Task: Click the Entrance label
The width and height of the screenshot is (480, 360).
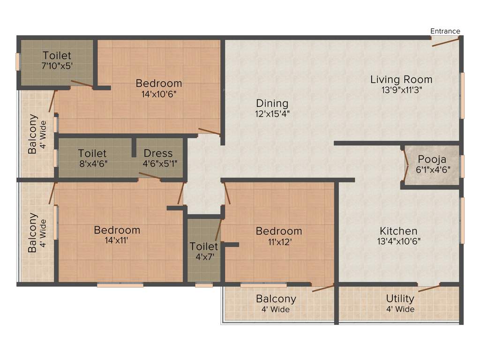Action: click(x=445, y=31)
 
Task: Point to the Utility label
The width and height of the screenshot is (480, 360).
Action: click(x=400, y=299)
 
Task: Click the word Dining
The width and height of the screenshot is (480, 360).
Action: click(x=272, y=103)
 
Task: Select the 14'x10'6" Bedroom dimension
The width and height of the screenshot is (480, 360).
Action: click(x=159, y=94)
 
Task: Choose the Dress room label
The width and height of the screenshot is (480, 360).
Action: click(x=158, y=153)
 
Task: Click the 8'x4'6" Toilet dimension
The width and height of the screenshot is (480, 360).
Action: click(x=92, y=164)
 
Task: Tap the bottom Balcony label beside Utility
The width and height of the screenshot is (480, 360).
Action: click(x=276, y=299)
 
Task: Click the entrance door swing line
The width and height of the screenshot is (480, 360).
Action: click(x=445, y=41)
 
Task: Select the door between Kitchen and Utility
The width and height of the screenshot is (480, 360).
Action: click(x=429, y=287)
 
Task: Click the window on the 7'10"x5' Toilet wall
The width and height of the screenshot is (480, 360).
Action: click(x=18, y=62)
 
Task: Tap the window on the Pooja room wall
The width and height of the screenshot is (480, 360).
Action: click(x=462, y=166)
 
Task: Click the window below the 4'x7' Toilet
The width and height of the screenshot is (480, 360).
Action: click(x=203, y=285)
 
